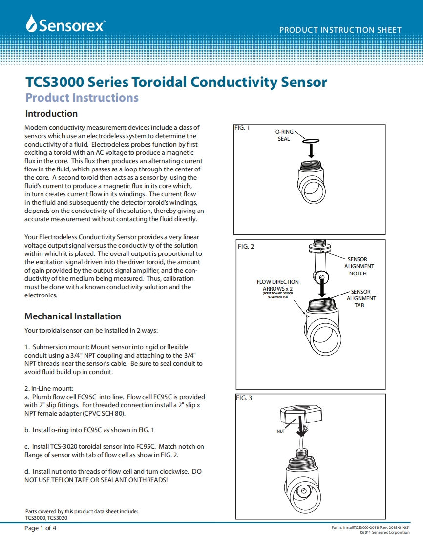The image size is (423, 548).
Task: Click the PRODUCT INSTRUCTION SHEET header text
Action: (x=340, y=30)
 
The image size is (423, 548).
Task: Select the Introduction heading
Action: (x=51, y=114)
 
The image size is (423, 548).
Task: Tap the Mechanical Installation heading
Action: (x=73, y=316)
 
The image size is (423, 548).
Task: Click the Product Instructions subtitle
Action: (x=82, y=98)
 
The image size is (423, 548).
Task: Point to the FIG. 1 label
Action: (x=242, y=128)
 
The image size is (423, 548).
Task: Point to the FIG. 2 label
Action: (x=246, y=246)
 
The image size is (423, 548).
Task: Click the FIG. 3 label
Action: (x=244, y=398)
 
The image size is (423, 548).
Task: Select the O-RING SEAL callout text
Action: (x=284, y=135)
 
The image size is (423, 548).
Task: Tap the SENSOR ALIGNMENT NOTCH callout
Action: (x=359, y=266)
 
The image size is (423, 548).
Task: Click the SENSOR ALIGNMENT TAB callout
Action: (x=361, y=298)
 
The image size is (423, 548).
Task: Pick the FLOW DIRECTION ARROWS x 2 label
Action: (x=277, y=285)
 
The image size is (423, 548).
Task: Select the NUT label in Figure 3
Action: (x=281, y=431)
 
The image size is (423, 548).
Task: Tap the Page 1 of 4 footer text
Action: (x=41, y=528)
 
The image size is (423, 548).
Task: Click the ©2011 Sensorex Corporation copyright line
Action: (x=384, y=533)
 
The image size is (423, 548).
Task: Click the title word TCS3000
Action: (x=55, y=82)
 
